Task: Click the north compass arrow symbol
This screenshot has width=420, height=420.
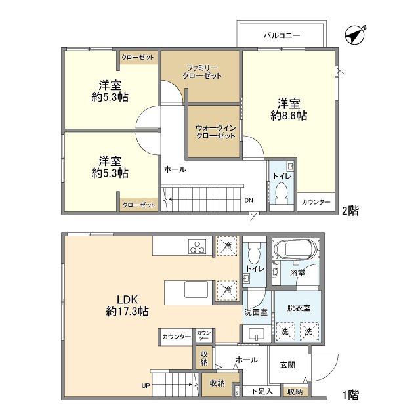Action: (x=356, y=35)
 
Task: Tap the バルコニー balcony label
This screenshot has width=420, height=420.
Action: (x=282, y=35)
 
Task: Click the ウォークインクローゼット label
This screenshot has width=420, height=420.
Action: (x=215, y=131)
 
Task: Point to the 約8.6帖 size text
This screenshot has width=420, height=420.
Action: (x=289, y=115)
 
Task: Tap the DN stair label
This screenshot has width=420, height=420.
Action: (x=249, y=201)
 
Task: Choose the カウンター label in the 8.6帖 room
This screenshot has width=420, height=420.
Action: (x=316, y=202)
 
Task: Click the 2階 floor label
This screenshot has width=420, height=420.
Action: (x=348, y=211)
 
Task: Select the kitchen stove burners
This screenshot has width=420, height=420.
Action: (x=198, y=246)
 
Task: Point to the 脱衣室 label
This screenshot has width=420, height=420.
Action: (x=299, y=307)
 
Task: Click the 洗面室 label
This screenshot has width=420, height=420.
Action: (x=255, y=312)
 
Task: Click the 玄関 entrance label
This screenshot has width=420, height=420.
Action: (x=288, y=365)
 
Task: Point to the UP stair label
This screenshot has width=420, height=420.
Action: (x=146, y=386)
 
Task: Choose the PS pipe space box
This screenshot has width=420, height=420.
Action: (x=237, y=392)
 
